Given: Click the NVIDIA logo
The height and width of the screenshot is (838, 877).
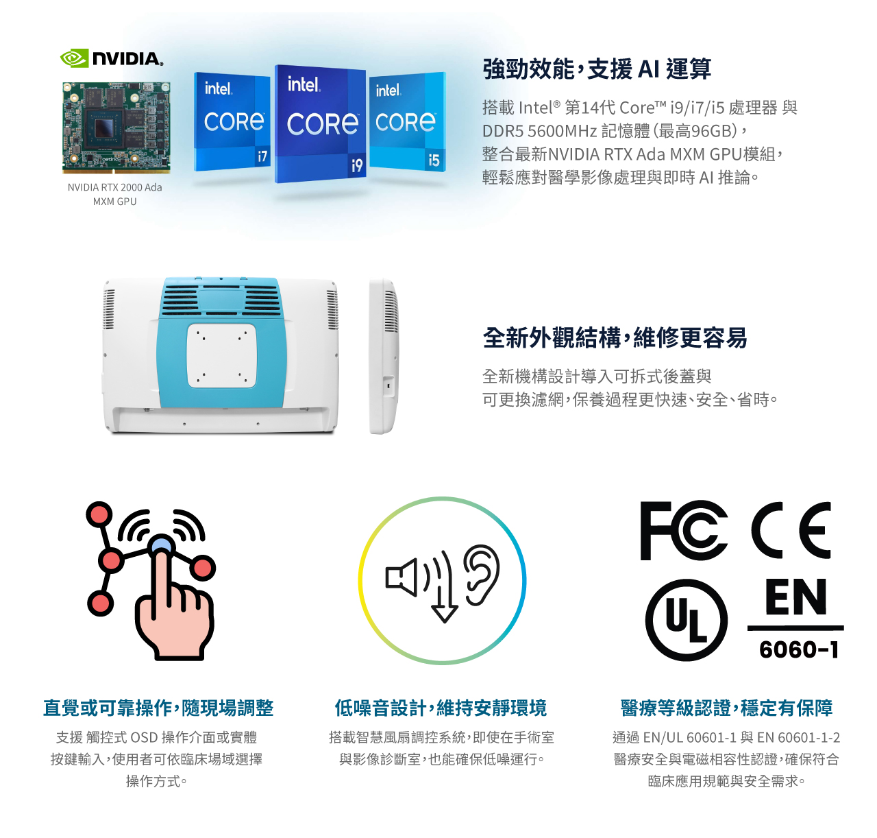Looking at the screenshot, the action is tap(111, 58).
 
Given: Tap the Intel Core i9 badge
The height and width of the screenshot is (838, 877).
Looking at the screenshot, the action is tap(320, 123).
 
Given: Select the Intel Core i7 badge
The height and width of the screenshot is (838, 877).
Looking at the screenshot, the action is tap(232, 122).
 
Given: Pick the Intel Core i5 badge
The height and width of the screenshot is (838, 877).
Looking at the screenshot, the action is tap(408, 122).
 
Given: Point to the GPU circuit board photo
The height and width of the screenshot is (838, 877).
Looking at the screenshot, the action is tap(116, 128).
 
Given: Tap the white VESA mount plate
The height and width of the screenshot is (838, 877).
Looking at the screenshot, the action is tap(221, 355).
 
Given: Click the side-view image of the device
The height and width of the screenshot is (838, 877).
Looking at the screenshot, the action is tap(384, 357).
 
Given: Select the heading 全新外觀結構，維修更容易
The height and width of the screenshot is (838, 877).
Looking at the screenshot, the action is tap(615, 337).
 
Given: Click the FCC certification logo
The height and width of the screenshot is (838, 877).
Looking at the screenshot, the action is tap(683, 530).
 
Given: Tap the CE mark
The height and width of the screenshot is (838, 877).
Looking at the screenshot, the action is tap(791, 530).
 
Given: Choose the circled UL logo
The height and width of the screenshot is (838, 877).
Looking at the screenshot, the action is tap(686, 620).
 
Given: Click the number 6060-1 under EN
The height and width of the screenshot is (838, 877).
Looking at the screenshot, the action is tap(799, 649).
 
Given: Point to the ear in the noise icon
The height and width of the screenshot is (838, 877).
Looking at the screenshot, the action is tap(481, 574).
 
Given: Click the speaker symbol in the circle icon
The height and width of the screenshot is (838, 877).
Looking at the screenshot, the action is tap(401, 578).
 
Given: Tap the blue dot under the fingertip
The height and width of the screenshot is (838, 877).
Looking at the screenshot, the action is tap(161, 545).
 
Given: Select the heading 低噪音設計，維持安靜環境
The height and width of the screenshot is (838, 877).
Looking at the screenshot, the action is tap(441, 708).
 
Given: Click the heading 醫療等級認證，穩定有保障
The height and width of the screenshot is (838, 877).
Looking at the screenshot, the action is tap(726, 708).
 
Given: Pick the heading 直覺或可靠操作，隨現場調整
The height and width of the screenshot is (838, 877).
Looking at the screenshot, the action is tap(158, 708).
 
